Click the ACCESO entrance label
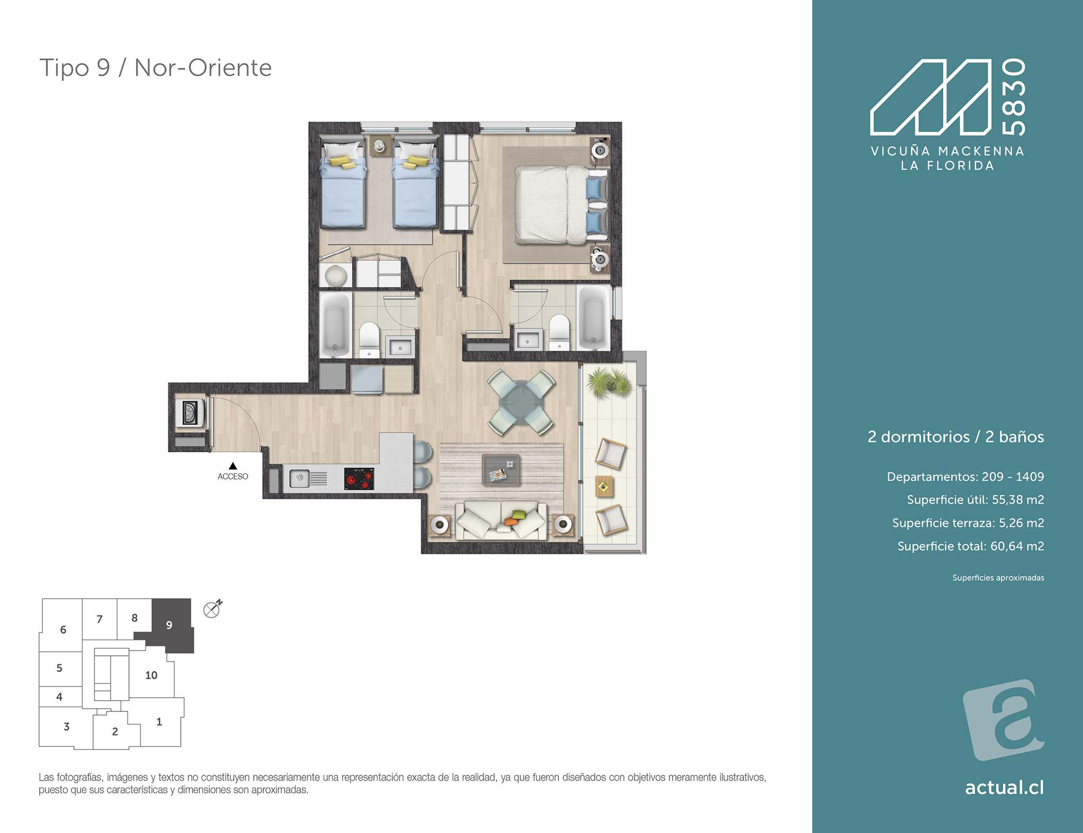pyautogui.click(x=233, y=477)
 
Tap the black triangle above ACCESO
pyautogui.click(x=233, y=466)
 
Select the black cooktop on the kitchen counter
pyautogui.click(x=359, y=479)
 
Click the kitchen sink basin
pyautogui.click(x=299, y=479)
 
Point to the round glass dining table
pyautogui.click(x=521, y=402)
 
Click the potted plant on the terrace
pyautogui.click(x=609, y=382)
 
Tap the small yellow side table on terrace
pyautogui.click(x=604, y=486)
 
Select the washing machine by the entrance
pyautogui.click(x=190, y=412)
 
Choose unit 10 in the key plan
pyautogui.click(x=151, y=675)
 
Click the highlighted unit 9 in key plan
pyautogui.click(x=169, y=625)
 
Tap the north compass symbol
pyautogui.click(x=213, y=609)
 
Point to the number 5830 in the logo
pyautogui.click(x=1014, y=97)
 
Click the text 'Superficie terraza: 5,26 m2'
pyautogui.click(x=968, y=523)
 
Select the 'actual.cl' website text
pyautogui.click(x=1004, y=788)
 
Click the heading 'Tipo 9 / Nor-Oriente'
pyautogui.click(x=155, y=68)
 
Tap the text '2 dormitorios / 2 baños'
pyautogui.click(x=956, y=437)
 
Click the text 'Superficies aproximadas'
pyautogui.click(x=998, y=578)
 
